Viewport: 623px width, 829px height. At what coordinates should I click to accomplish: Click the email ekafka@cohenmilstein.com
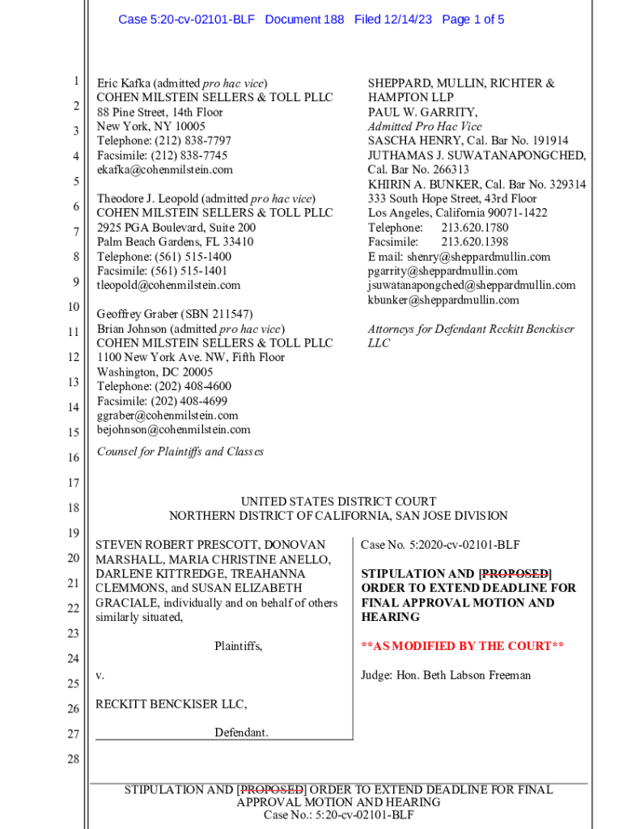point(164,170)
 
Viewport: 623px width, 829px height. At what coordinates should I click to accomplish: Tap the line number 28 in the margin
point(73,759)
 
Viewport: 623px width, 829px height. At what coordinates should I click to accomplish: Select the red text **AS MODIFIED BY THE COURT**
point(462,646)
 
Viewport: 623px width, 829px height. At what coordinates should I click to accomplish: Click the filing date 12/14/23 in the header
point(409,19)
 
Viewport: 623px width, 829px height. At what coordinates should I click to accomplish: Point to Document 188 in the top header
point(304,19)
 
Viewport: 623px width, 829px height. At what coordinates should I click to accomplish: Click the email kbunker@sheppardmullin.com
point(443,300)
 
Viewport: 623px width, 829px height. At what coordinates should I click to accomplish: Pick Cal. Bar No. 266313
point(418,170)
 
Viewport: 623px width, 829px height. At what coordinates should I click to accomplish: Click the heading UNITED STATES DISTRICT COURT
point(338,502)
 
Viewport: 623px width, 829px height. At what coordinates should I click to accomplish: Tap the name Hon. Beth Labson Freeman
point(464,675)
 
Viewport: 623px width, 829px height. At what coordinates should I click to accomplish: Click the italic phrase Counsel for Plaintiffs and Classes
point(180,452)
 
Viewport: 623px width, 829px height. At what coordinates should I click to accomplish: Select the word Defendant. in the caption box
point(241,733)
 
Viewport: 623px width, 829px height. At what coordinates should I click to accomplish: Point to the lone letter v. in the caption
point(100,675)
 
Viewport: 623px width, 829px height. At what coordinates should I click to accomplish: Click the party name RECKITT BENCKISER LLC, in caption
point(172,704)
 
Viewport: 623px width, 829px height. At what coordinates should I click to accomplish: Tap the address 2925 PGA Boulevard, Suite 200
point(176,228)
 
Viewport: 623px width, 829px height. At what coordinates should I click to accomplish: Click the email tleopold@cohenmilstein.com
point(168,286)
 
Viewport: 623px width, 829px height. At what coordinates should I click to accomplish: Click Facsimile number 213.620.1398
point(474,242)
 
